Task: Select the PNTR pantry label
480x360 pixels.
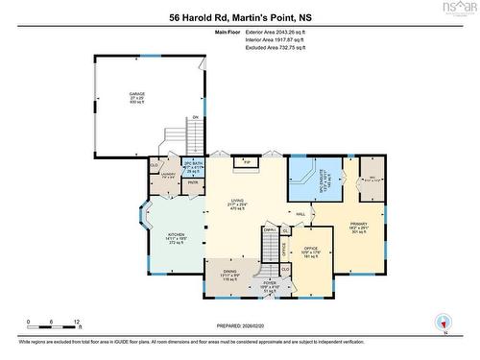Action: pyautogui.click(x=192, y=183)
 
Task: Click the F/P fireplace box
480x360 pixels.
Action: pyautogui.click(x=247, y=162)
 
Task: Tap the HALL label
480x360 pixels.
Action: pyautogui.click(x=300, y=213)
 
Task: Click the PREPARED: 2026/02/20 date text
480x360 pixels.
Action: pyautogui.click(x=239, y=324)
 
